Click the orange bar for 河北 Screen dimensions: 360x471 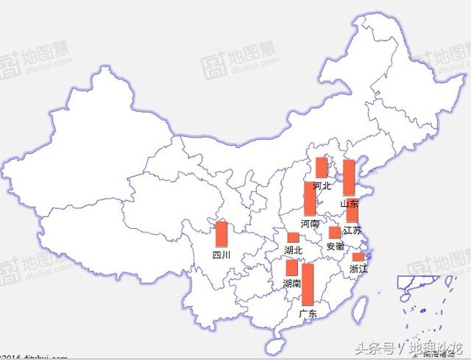point(322,168)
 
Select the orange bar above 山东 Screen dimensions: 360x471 point(349,177)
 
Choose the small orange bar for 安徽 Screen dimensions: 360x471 point(335,233)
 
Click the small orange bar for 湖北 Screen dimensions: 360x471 point(293,238)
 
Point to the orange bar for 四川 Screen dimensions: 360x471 point(221,233)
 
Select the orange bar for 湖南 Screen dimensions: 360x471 point(292,267)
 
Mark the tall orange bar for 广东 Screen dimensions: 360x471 point(308,284)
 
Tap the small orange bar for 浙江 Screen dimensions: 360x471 point(358,257)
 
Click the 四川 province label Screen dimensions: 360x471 point(221,255)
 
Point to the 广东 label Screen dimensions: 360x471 point(308,314)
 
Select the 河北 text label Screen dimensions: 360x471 point(322,186)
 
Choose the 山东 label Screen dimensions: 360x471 point(349,203)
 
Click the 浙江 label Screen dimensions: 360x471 point(358,269)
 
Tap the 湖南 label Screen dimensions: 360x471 point(292,283)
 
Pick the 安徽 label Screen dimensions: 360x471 point(335,246)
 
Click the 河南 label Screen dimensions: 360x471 point(310,223)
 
